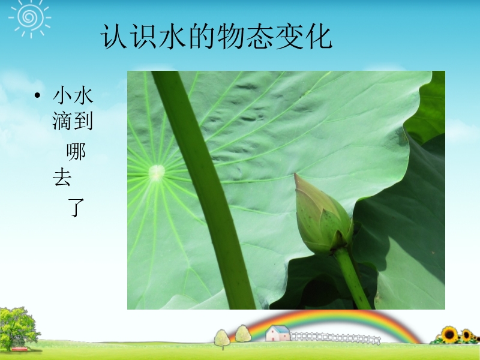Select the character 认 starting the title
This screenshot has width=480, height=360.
[x=113, y=37]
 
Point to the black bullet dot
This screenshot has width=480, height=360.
[x=37, y=95]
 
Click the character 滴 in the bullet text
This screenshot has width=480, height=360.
[x=62, y=121]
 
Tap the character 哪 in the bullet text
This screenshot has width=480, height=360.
[x=76, y=152]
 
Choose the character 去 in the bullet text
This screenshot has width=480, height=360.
[x=62, y=177]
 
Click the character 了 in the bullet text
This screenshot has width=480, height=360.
[x=76, y=208]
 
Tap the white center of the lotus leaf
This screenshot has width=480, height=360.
[x=157, y=172]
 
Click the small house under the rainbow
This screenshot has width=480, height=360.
[x=278, y=333]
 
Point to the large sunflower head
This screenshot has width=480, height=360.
[x=449, y=335]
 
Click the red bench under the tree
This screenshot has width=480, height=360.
[x=20, y=349]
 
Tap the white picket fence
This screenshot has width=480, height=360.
[x=335, y=338]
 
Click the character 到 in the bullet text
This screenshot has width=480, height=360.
[x=83, y=121]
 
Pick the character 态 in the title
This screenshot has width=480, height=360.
[x=260, y=37]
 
